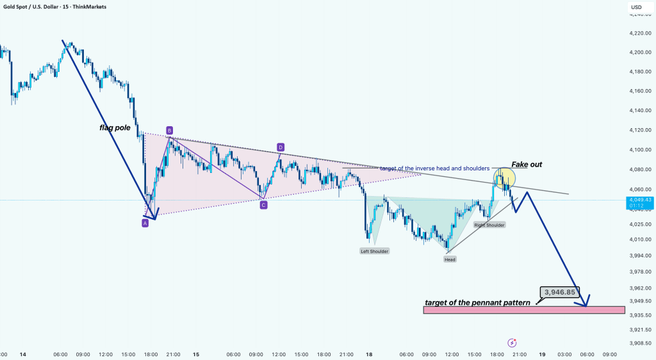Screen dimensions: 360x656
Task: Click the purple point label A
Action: point(145,223)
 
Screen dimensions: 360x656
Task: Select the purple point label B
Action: point(169,130)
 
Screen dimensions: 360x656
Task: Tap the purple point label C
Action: point(263,205)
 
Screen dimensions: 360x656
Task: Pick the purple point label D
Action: point(280,147)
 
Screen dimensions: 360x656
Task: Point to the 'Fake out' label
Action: point(527,165)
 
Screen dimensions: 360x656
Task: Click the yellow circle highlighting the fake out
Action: point(504,177)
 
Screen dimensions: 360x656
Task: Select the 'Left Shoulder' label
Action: point(375,251)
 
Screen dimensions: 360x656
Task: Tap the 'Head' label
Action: point(451,259)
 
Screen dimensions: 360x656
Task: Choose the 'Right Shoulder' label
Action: point(489,225)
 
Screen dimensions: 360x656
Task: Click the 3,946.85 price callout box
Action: point(561,292)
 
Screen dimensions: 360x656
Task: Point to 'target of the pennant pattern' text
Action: point(477,302)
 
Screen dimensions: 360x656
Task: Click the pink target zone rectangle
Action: point(523,310)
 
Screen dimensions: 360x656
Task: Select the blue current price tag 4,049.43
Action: point(640,202)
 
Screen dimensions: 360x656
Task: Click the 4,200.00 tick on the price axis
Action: point(640,52)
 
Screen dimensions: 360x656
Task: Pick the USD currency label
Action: point(636,7)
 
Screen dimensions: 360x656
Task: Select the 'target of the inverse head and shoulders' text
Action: point(434,168)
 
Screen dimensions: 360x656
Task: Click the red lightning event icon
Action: point(512,343)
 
